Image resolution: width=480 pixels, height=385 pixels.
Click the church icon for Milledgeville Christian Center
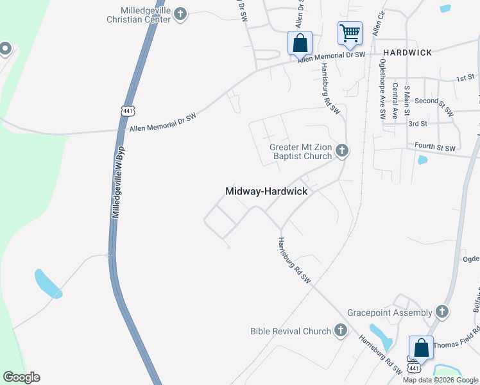coord(181,13)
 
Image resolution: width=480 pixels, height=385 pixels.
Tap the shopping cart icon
coord(350,33)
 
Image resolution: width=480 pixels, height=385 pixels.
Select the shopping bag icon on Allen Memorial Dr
coord(300,43)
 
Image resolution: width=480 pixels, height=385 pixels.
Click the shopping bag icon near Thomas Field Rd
coord(421,348)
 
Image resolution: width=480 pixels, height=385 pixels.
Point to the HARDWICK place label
coord(407,52)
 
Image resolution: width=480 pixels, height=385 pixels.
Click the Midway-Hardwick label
coord(266,191)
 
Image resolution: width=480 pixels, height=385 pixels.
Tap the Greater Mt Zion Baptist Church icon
coord(342,151)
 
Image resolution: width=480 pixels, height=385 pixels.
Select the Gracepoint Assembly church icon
coord(441,312)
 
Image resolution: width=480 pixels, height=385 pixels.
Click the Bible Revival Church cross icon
coord(341,331)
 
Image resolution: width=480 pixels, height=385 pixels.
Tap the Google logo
coord(21,377)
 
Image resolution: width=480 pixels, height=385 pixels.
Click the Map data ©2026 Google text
coord(441,380)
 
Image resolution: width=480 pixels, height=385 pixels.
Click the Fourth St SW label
coord(438,146)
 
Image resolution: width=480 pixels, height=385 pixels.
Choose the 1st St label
coord(465,78)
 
